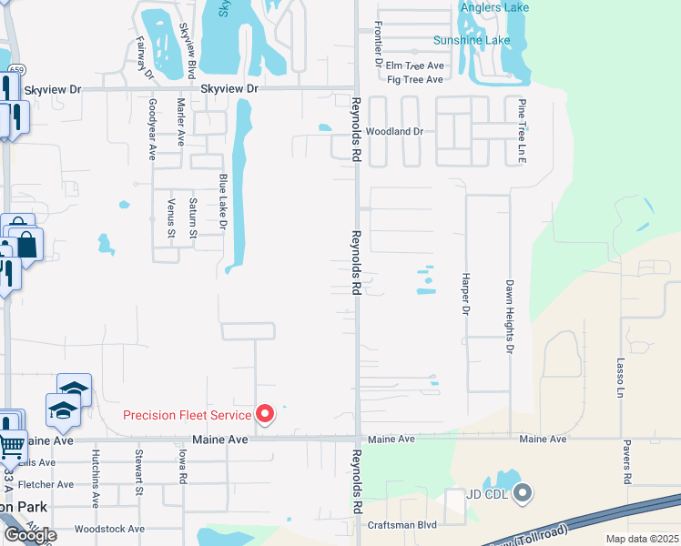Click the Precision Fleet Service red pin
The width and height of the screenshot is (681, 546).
(x=265, y=415)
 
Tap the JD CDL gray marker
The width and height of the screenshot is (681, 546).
(x=522, y=494)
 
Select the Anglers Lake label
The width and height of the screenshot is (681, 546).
(x=494, y=7)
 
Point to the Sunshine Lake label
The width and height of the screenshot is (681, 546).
(x=472, y=40)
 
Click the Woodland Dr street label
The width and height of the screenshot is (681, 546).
(x=395, y=131)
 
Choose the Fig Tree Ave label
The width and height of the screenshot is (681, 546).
(x=415, y=79)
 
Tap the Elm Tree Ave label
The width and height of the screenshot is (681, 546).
(x=414, y=66)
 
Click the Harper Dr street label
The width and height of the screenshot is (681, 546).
(x=464, y=294)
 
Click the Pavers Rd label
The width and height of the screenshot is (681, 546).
(x=627, y=464)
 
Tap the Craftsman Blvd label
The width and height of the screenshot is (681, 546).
(x=401, y=524)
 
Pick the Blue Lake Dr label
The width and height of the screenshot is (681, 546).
(x=223, y=201)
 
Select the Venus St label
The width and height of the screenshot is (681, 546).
(x=171, y=217)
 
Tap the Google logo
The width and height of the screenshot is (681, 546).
(x=30, y=534)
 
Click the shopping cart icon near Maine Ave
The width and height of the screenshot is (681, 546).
(x=11, y=445)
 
